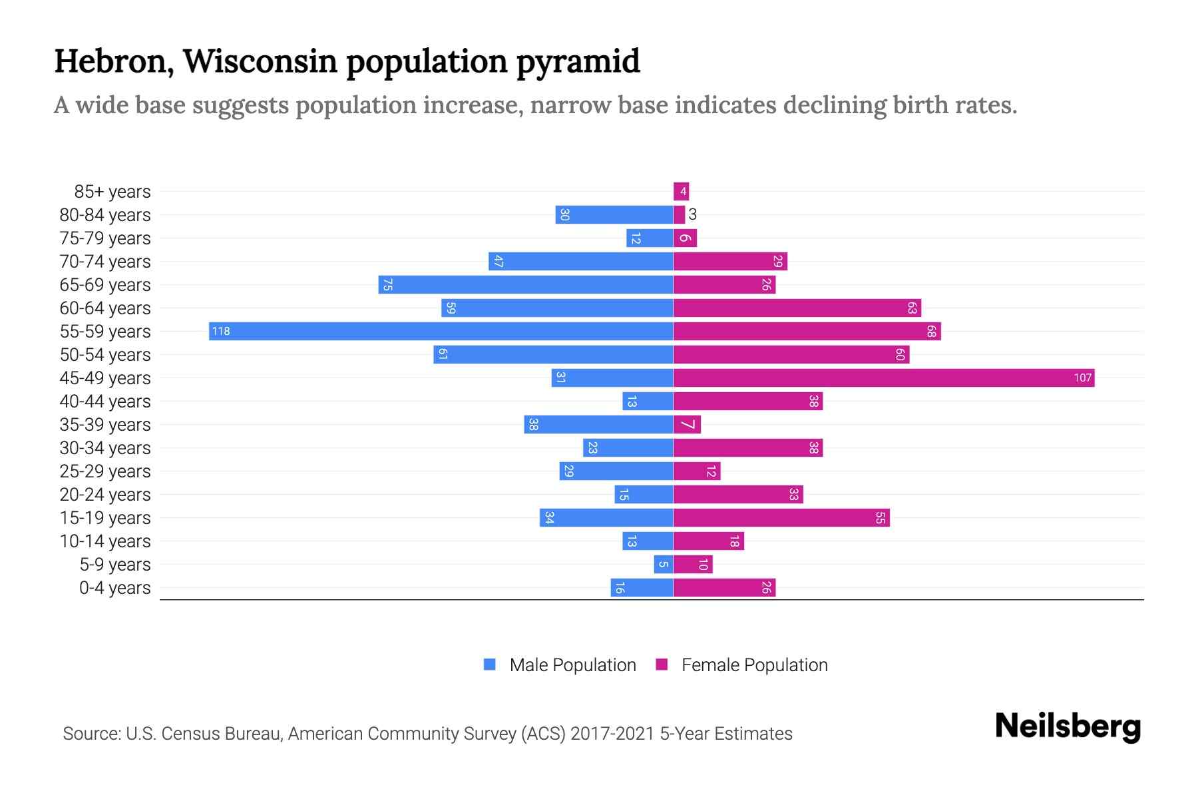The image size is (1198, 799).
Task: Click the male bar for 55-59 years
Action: tap(441, 331)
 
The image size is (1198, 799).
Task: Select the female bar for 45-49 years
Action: tap(884, 378)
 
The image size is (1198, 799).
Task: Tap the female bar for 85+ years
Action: tap(681, 191)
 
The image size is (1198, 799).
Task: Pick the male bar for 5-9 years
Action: tap(664, 564)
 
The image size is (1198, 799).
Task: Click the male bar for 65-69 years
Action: tap(526, 284)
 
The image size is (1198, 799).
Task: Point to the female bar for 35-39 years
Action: tap(687, 424)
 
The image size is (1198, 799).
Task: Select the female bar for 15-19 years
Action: tap(781, 517)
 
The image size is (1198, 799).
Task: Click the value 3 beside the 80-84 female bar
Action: tap(693, 214)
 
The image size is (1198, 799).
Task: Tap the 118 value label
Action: tap(221, 331)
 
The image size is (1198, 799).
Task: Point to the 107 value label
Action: tap(1082, 378)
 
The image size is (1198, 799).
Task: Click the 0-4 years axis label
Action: tap(114, 588)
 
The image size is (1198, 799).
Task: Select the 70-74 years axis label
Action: tap(105, 262)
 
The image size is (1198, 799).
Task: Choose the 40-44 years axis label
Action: tap(105, 401)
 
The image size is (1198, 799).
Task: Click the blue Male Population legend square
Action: tap(490, 665)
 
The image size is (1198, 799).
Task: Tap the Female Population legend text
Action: tap(754, 665)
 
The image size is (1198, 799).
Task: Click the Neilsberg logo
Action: tap(1068, 726)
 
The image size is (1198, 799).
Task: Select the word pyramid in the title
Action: tap(578, 61)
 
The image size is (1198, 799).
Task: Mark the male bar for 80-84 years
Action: tap(614, 214)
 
